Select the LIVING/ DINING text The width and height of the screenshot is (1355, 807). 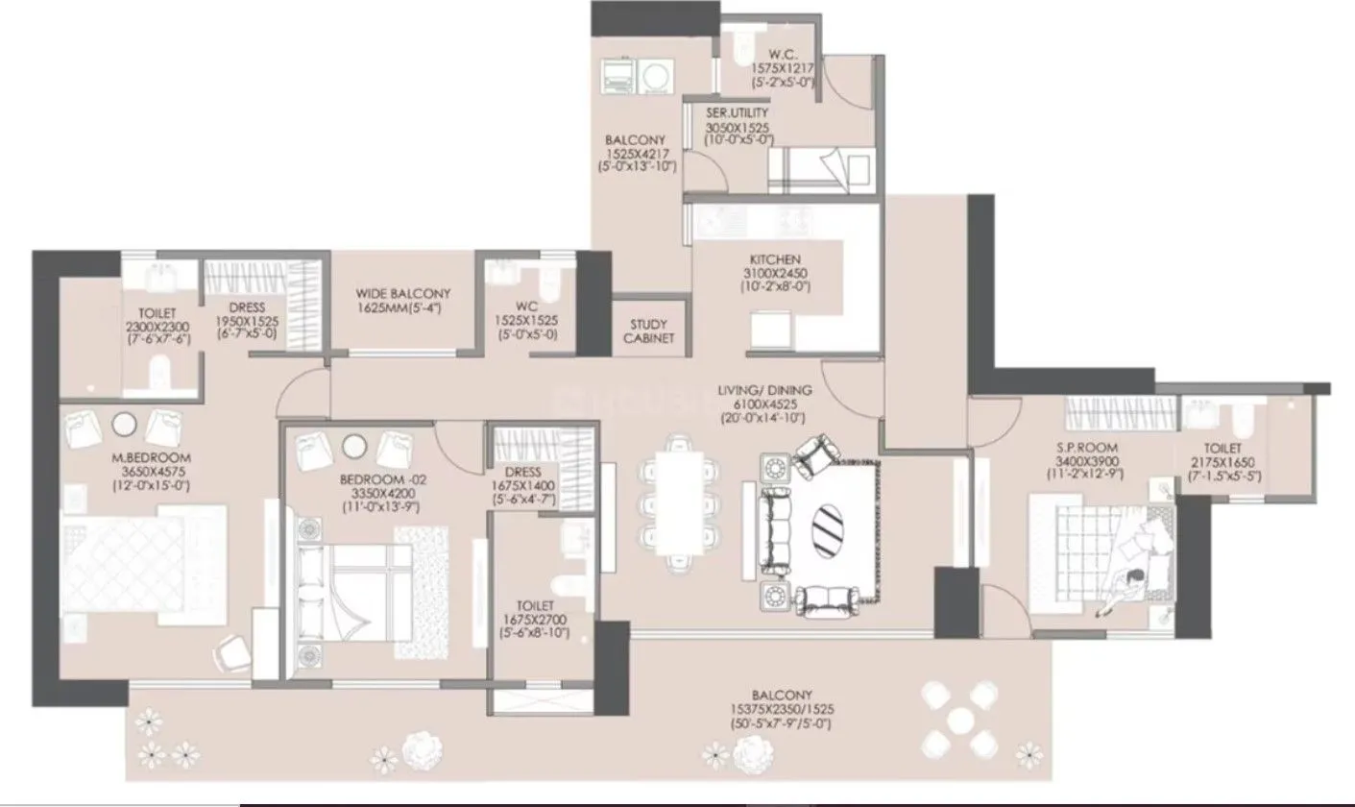(764, 390)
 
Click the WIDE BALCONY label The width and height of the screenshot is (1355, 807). (402, 293)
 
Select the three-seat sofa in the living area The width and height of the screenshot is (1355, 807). (772, 529)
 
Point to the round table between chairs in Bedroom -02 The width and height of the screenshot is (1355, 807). (352, 447)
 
